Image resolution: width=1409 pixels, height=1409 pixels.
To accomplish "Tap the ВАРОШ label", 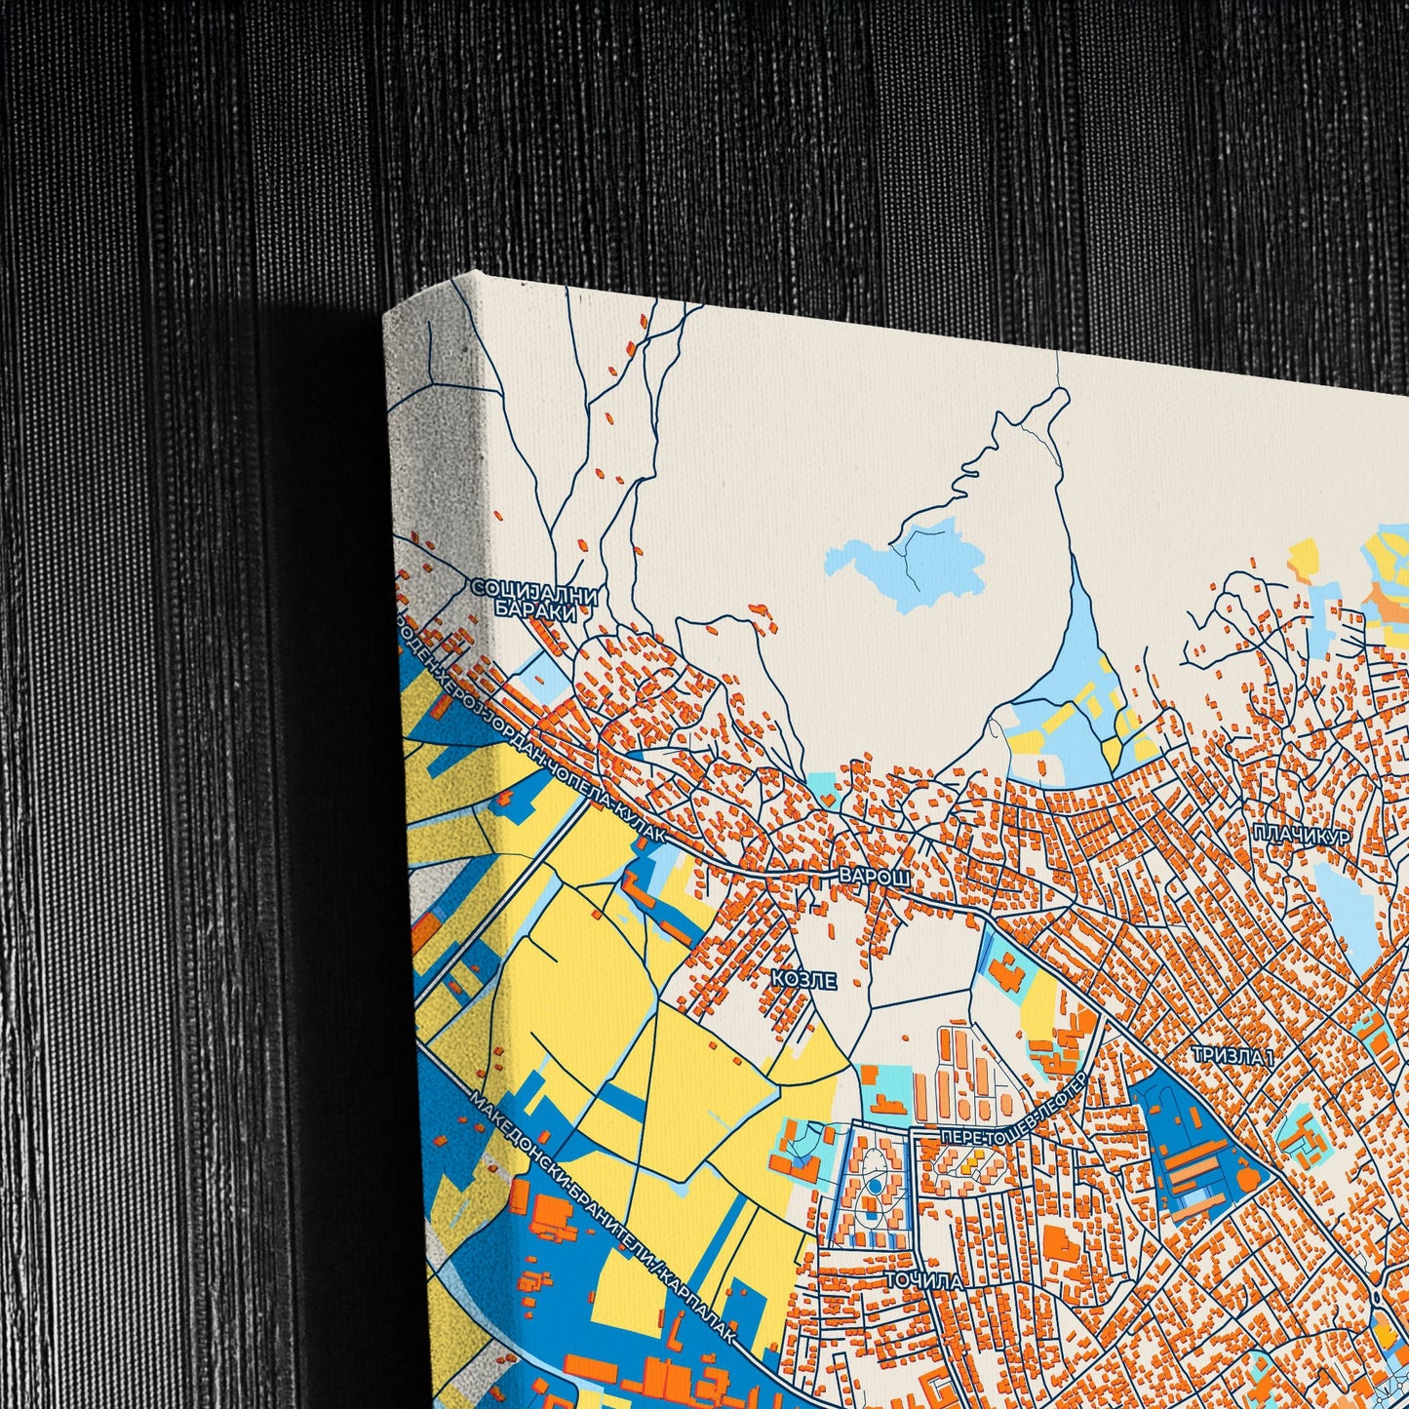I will coord(875,877).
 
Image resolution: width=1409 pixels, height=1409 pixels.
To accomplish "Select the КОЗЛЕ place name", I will coord(803,980).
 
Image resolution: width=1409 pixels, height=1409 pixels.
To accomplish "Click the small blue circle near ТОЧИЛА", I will coord(875,1185).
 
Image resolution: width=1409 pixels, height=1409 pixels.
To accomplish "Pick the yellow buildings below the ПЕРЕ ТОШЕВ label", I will coord(969,1163).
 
